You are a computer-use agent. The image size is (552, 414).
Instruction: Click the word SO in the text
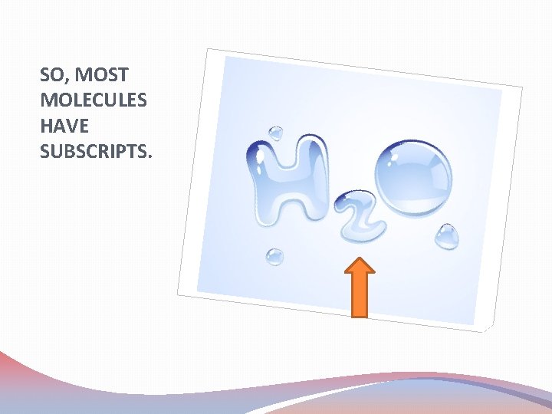click(52, 75)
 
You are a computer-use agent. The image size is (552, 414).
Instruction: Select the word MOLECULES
click(83, 100)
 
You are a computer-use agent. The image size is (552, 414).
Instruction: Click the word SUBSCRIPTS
click(94, 151)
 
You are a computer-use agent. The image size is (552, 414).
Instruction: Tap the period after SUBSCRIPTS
click(151, 156)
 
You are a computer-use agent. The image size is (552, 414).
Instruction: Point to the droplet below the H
click(274, 257)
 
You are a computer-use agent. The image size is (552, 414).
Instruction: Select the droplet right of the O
click(448, 236)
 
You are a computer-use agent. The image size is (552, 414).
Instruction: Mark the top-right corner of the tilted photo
click(522, 87)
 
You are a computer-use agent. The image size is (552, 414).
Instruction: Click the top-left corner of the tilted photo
click(207, 49)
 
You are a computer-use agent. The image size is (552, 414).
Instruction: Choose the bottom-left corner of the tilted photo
click(178, 295)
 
